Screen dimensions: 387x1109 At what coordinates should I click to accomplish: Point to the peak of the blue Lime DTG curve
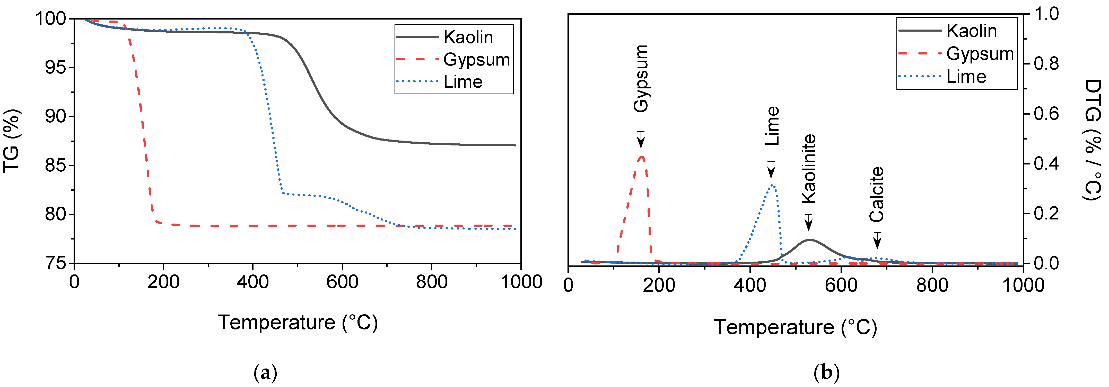[772, 185]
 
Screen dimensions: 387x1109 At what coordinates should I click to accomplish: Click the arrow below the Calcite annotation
[877, 241]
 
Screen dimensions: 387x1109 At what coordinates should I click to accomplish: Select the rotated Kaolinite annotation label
[808, 169]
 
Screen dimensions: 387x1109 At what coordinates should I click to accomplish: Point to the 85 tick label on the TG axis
[56, 165]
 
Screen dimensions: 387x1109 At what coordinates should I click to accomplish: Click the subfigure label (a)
[266, 372]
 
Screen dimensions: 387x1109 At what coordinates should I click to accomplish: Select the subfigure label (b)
[827, 372]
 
